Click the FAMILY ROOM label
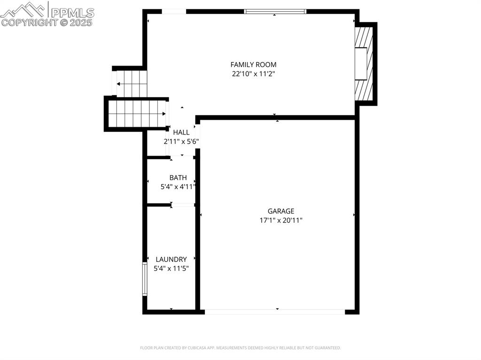coord(253,65)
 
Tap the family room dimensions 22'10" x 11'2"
coord(253,74)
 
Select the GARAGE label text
coord(281,211)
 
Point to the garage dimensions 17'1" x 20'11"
coord(281,220)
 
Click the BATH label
coord(178,178)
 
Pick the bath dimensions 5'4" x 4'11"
coord(178,187)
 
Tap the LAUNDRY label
coord(171,259)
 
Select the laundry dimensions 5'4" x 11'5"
coord(171,268)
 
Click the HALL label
coord(181,132)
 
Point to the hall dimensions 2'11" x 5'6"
coord(181,141)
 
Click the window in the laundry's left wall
coord(145,279)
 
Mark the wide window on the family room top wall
coord(275,11)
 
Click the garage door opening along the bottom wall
coord(275,312)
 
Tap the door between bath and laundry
coord(183,205)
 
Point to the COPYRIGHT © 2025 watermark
coord(47,22)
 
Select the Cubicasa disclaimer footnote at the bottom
coord(240,348)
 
